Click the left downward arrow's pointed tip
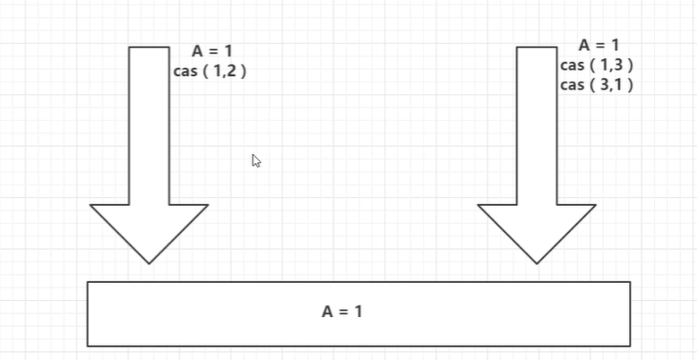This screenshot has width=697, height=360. point(149,263)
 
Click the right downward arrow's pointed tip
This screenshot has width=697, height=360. point(537,263)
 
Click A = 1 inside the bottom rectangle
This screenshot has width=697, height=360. point(342,312)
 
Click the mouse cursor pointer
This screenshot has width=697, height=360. point(256,161)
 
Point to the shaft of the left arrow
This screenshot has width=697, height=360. point(149,125)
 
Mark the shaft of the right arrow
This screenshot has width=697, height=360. point(537,125)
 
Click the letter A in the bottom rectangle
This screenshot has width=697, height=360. point(328,312)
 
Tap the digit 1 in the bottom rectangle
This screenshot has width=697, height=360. point(358,312)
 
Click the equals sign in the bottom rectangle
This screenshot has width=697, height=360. point(344,312)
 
